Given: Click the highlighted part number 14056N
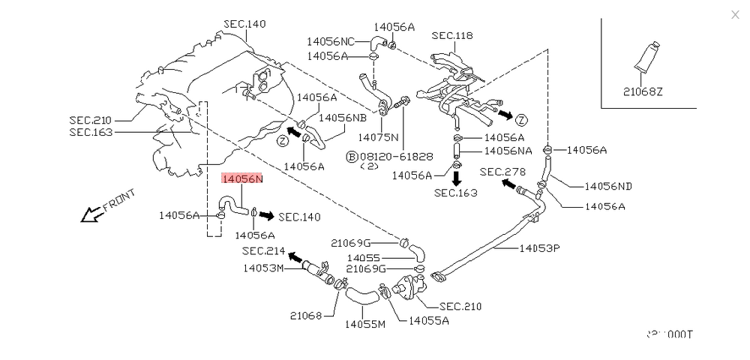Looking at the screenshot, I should [x=241, y=179].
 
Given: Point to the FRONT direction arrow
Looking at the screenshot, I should [x=91, y=214].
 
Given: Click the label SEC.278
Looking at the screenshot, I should [x=500, y=172].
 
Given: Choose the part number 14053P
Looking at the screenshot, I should [x=539, y=247].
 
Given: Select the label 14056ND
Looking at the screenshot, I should [x=607, y=186].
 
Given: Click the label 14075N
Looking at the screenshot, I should [x=379, y=137].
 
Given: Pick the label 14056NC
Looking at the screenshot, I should [x=331, y=41].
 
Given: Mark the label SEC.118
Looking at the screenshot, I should [x=452, y=34].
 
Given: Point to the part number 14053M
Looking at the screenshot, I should [x=262, y=268].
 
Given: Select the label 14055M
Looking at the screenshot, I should [x=364, y=325].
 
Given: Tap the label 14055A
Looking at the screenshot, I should [x=428, y=321].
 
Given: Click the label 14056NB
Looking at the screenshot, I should [x=343, y=118].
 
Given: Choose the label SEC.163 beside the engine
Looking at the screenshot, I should [x=90, y=132].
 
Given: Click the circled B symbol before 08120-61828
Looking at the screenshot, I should [x=350, y=156].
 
